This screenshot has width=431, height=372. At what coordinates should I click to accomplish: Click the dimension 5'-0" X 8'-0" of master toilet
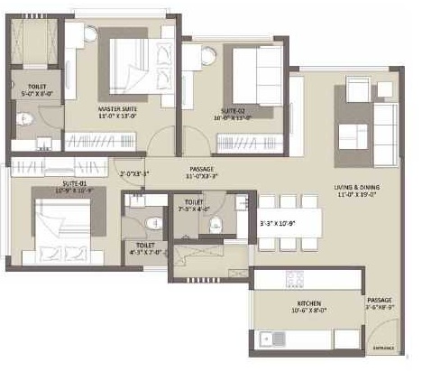pyautogui.click(x=32, y=92)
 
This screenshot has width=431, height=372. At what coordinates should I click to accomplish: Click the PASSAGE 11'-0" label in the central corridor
pyautogui.click(x=201, y=172)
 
